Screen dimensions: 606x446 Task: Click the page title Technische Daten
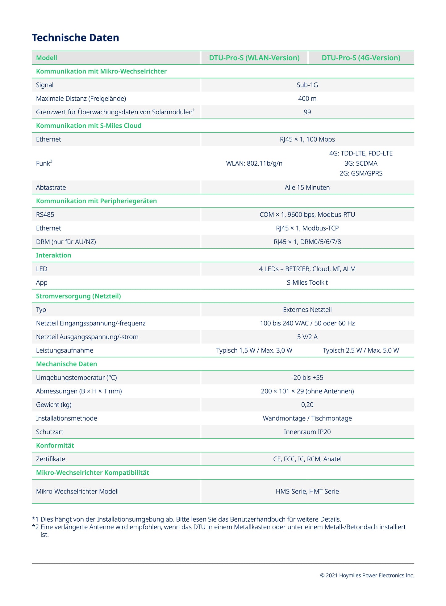[x=75, y=38]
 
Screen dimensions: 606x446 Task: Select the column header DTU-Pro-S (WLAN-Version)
[x=254, y=58]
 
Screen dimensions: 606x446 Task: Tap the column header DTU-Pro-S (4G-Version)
[x=361, y=58]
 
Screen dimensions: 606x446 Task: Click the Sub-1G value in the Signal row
[x=307, y=85]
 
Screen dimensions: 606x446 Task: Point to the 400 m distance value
[x=307, y=99]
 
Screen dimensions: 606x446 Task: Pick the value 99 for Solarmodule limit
[x=307, y=112]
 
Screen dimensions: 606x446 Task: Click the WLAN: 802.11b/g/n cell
[x=254, y=163]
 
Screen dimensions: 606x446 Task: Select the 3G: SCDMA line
[x=361, y=163]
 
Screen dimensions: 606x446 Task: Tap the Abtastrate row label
[x=51, y=188]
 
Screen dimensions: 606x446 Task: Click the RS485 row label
[x=45, y=215]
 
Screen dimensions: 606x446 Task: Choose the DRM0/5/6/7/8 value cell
[x=307, y=242]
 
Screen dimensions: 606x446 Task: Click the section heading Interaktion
[x=53, y=255]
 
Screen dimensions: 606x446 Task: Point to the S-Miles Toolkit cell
[x=307, y=282]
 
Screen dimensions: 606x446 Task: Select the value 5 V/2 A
[x=307, y=337]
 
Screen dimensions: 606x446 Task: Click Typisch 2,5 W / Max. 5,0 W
[x=361, y=350]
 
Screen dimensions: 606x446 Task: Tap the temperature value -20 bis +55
[x=307, y=378]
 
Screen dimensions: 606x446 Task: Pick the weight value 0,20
[x=307, y=405]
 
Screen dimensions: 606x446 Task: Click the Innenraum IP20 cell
[x=307, y=432]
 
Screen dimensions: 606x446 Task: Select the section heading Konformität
[x=55, y=446]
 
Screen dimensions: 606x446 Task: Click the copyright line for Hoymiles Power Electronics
[x=367, y=575]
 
